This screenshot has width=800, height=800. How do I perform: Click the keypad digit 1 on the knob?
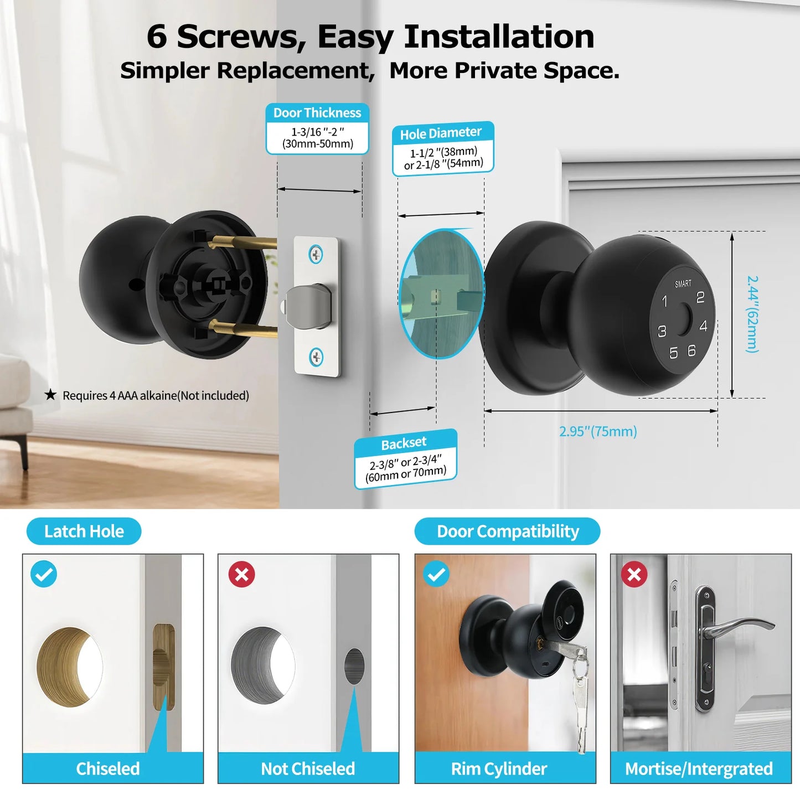pyautogui.click(x=665, y=302)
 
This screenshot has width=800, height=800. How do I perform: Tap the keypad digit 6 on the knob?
pyautogui.click(x=691, y=350)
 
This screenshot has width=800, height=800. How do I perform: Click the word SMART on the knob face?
pyautogui.click(x=683, y=283)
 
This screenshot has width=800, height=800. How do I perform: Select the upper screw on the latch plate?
pyautogui.click(x=316, y=255)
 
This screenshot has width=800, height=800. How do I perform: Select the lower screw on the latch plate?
pyautogui.click(x=316, y=357)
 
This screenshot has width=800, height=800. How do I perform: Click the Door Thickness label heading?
pyautogui.click(x=317, y=113)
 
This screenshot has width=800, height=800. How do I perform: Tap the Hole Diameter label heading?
pyautogui.click(x=441, y=133)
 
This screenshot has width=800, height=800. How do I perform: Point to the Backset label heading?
pyautogui.click(x=404, y=443)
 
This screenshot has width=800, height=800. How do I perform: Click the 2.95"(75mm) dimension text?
pyautogui.click(x=598, y=431)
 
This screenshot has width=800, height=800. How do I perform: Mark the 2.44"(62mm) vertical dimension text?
pyautogui.click(x=752, y=314)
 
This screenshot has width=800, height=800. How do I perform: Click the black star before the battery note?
pyautogui.click(x=50, y=395)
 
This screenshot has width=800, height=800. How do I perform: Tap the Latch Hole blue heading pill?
pyautogui.click(x=84, y=531)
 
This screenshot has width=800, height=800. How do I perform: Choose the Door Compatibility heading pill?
pyautogui.click(x=507, y=531)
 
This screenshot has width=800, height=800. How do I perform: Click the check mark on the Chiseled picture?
pyautogui.click(x=44, y=574)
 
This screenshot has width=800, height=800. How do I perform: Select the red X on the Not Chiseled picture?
pyautogui.click(x=242, y=574)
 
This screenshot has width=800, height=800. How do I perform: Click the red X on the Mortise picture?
pyautogui.click(x=634, y=574)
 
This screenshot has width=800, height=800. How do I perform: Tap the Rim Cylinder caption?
pyautogui.click(x=499, y=768)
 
